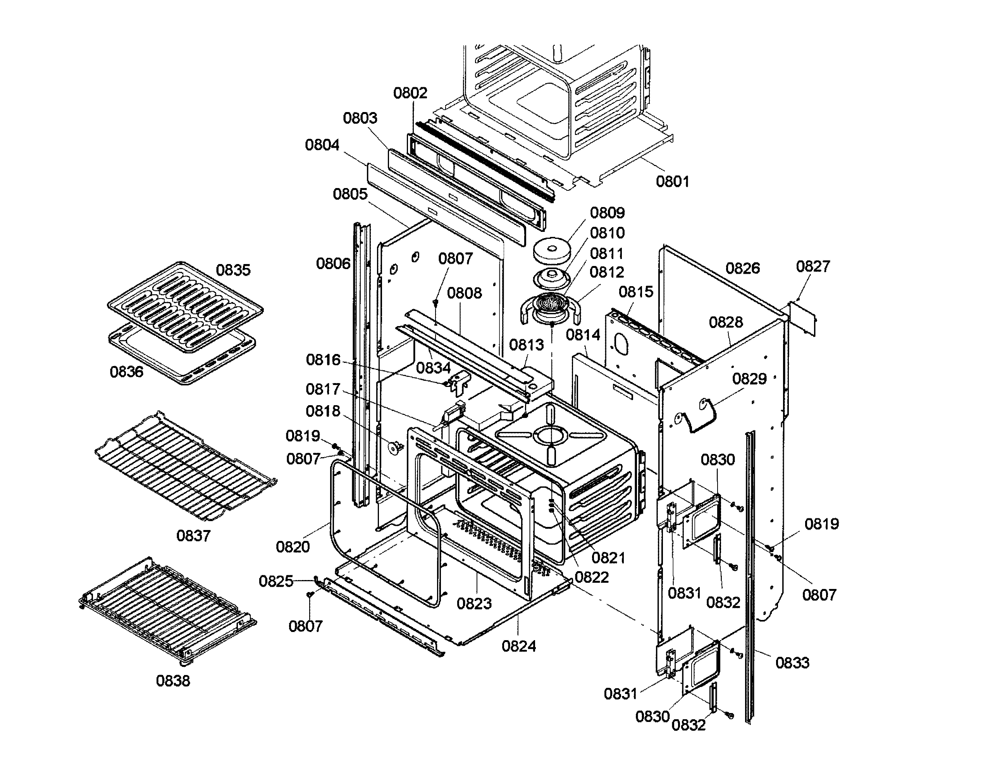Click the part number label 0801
[673, 181]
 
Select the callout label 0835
[233, 270]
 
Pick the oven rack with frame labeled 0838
[168, 610]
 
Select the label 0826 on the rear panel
[742, 268]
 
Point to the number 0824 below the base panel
[519, 646]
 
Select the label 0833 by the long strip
[792, 662]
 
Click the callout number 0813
[526, 345]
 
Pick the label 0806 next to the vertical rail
[333, 263]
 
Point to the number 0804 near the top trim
[322, 145]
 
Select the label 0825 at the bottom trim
[275, 581]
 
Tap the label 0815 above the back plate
[635, 292]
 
